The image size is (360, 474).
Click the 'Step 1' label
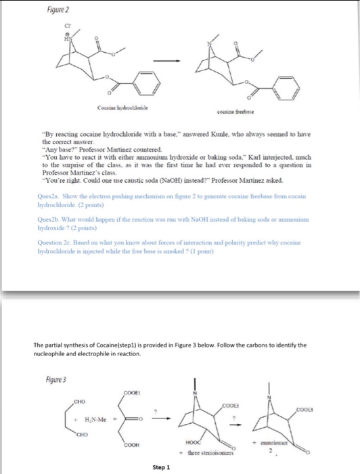[x=162, y=467]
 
